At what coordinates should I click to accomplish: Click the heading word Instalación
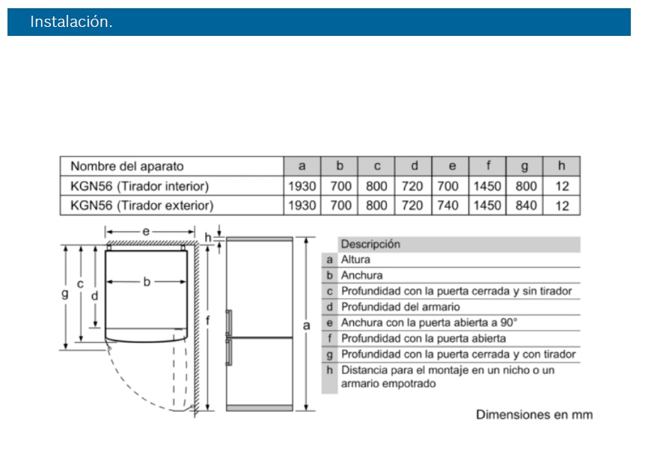pos(71,22)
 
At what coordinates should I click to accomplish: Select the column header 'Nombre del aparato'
pos(126,166)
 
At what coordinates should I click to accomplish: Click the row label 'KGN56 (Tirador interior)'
pos(139,185)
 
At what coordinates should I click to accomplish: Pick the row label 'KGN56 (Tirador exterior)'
pos(141,205)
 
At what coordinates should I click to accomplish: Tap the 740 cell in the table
pos(451,205)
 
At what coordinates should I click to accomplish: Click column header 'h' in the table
pos(562,166)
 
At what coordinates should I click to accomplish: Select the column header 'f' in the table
pos(489,166)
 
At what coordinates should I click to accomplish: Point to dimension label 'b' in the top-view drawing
pos(147,282)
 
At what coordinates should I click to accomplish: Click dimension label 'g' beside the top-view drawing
pos(65,294)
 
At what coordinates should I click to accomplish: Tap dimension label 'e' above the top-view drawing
pos(147,232)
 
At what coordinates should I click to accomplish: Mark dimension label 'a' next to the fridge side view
pos(306,325)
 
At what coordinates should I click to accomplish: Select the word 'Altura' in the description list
pos(356,259)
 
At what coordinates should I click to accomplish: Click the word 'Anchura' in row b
pos(361,275)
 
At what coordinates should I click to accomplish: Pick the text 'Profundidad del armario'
pos(400,307)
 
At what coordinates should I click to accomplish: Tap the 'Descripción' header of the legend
pos(370,244)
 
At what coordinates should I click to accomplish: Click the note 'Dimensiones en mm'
pos(534,413)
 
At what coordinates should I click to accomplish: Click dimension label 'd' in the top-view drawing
pos(95,295)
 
